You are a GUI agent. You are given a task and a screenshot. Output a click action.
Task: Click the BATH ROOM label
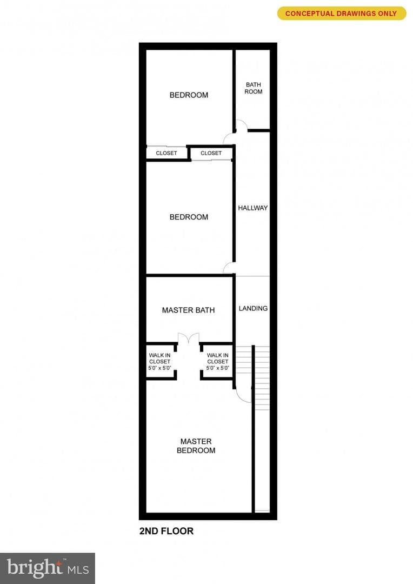253,88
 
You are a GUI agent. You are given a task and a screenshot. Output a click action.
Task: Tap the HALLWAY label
253,208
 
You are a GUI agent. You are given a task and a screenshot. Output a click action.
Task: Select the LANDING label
253,308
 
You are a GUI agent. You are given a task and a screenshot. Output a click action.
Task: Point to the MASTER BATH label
188,310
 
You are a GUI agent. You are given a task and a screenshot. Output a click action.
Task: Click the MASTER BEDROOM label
196,446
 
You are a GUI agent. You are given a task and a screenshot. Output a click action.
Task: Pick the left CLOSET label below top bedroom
166,153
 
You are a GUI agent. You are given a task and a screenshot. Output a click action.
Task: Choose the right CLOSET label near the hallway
211,153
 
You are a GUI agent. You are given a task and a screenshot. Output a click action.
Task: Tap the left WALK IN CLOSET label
160,362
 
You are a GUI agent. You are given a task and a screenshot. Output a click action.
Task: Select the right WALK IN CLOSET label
217,362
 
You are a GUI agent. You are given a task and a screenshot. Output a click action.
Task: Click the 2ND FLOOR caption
166,531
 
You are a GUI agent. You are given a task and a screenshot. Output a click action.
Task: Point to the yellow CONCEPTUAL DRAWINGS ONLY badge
342,14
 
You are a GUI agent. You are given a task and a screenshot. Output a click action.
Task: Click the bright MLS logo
47,568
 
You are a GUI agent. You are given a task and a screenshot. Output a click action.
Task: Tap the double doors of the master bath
189,338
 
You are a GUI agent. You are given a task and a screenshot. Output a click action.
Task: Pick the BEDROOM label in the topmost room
189,95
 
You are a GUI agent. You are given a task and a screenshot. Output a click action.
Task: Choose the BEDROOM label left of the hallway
189,217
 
